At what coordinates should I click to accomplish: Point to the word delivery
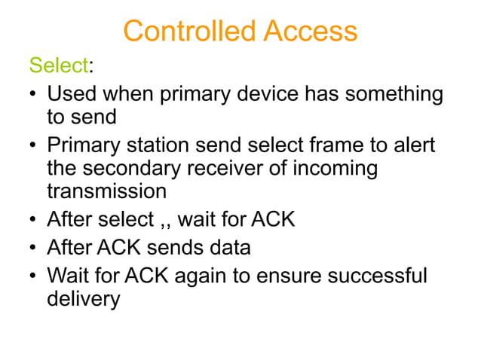pyautogui.click(x=83, y=298)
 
